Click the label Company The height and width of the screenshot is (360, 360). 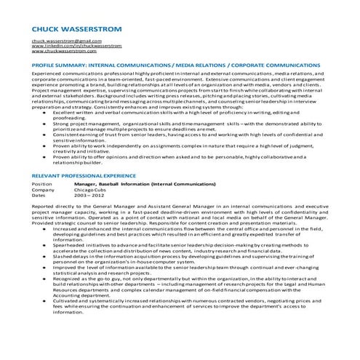44,190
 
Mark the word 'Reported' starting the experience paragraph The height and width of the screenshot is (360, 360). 44,207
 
